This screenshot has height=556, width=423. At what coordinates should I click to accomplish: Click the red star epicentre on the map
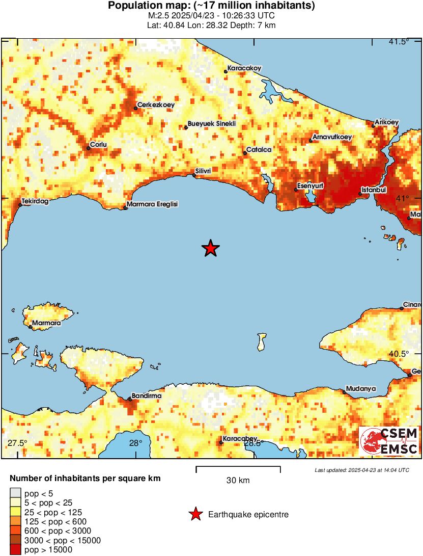[x=210, y=248]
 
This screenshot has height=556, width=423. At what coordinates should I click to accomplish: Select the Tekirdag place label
[x=35, y=201]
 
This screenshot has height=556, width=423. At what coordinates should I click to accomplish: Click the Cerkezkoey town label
[x=156, y=104]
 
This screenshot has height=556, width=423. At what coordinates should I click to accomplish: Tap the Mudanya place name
[x=360, y=389]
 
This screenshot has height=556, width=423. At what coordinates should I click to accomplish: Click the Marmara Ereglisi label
[x=153, y=204]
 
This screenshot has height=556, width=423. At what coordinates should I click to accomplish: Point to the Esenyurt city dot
[x=296, y=190]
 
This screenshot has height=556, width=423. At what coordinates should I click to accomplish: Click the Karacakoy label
[x=244, y=68]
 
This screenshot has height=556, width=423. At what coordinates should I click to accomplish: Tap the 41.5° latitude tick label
[x=399, y=42]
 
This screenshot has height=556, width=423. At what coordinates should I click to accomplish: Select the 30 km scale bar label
[x=238, y=480]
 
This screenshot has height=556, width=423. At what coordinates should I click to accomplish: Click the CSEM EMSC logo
[x=389, y=441]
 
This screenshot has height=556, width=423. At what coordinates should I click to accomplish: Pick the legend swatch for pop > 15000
[x=16, y=549]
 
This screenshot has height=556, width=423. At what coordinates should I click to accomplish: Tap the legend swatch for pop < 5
[x=16, y=493]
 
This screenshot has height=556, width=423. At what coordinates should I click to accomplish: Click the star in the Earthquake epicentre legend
[x=195, y=515]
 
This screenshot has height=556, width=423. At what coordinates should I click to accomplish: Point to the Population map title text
[x=211, y=6]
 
